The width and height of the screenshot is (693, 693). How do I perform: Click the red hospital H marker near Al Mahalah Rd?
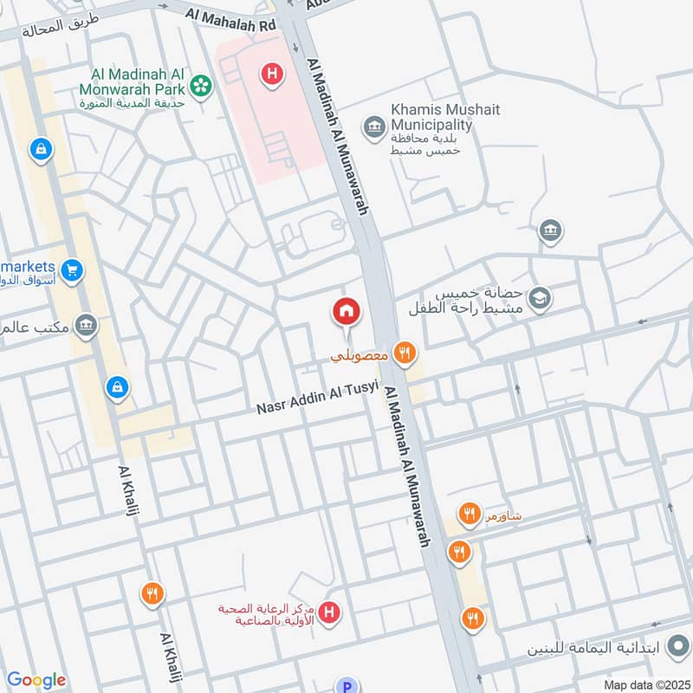click(x=272, y=75)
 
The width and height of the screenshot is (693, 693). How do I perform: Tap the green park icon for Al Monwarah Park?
click(x=202, y=85)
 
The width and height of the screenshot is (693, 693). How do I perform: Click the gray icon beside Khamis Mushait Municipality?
click(x=373, y=128)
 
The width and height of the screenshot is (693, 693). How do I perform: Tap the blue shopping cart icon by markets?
click(x=72, y=270)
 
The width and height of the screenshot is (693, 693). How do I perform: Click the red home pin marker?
click(x=346, y=312)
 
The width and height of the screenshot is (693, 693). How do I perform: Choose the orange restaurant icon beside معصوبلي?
click(x=404, y=353)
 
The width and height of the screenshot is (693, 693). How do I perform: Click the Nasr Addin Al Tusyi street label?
click(x=318, y=398)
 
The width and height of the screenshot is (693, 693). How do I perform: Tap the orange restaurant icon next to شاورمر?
click(x=470, y=515)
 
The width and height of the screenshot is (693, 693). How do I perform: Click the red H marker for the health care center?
click(x=328, y=615)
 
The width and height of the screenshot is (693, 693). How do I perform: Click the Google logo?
click(x=36, y=680)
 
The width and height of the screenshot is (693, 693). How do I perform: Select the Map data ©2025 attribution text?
click(x=645, y=685)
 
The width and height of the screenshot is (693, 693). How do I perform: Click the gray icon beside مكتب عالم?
click(x=86, y=326)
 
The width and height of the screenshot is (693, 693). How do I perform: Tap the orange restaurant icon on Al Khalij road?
click(x=152, y=594)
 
